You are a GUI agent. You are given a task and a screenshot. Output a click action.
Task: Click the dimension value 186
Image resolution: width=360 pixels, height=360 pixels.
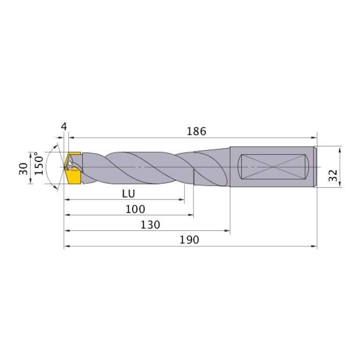point(196,131)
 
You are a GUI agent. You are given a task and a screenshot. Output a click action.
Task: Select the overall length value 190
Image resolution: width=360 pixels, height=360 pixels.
point(190,240)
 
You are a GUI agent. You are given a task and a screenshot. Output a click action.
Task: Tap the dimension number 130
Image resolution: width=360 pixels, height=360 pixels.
point(151,224)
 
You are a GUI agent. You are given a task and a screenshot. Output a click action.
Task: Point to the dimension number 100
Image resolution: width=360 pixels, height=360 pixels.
point(135,209)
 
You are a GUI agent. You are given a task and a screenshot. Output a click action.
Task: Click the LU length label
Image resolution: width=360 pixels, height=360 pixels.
point(128,193)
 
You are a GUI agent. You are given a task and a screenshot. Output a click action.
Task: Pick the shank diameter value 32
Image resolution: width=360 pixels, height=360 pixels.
point(333,176)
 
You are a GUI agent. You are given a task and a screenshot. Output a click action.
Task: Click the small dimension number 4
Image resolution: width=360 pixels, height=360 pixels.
point(64,126)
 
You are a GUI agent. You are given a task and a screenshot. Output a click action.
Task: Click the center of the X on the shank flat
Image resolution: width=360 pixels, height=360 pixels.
point(273,167)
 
